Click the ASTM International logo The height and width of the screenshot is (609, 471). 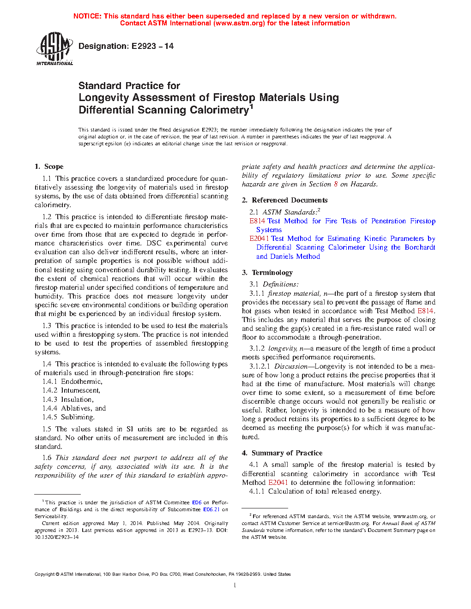[54, 48]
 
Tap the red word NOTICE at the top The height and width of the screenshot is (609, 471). [87, 16]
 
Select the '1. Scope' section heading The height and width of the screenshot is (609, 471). [49, 167]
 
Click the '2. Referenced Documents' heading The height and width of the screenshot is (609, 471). [285, 200]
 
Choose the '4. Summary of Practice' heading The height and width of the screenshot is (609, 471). [282, 453]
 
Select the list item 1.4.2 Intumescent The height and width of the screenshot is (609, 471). [71, 390]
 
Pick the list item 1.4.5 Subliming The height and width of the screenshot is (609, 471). [68, 417]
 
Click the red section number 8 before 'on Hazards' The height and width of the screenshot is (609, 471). [336, 184]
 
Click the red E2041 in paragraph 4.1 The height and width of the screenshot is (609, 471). [278, 483]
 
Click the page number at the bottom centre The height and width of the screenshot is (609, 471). [235, 585]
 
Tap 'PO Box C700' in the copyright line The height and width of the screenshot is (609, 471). [166, 574]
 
